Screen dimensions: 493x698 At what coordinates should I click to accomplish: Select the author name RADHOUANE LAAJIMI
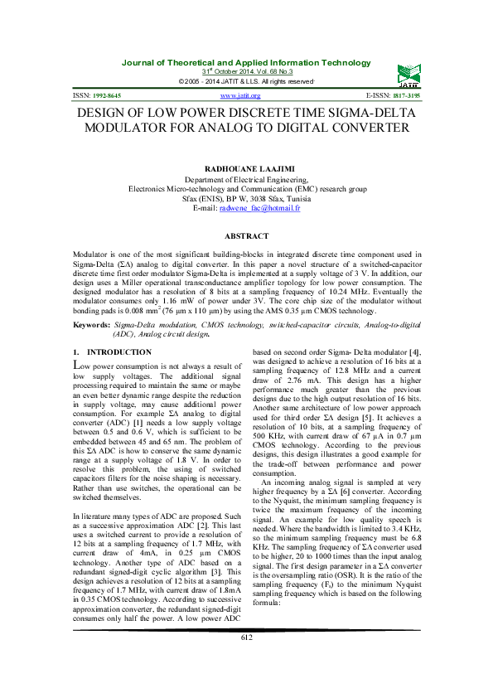click(x=246, y=168)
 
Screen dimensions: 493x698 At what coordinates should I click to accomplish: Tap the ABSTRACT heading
click(x=246, y=235)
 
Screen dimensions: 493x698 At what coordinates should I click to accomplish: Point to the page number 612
click(x=246, y=660)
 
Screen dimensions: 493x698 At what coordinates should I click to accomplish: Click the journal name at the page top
click(x=246, y=63)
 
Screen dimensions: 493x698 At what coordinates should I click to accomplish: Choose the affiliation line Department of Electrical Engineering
click(x=246, y=179)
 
